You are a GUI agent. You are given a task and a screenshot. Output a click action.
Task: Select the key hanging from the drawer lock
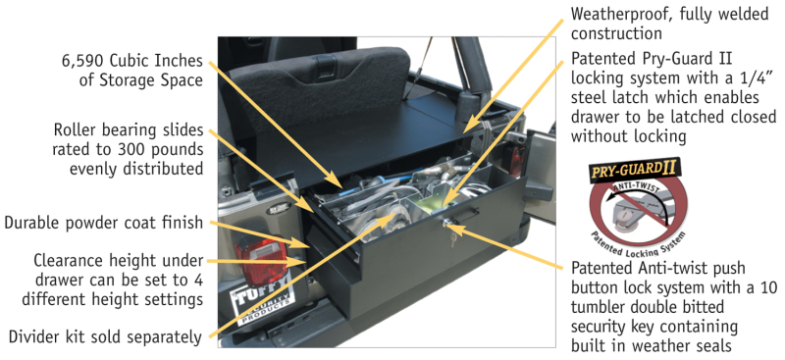click(x=452, y=237)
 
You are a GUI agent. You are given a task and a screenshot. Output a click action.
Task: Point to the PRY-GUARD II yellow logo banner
click(x=634, y=171)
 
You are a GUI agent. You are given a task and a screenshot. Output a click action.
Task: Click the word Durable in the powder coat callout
click(x=32, y=223)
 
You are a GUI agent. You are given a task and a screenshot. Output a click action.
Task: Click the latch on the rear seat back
click(x=327, y=64)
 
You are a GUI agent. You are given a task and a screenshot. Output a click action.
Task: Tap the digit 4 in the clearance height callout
click(x=198, y=280)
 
